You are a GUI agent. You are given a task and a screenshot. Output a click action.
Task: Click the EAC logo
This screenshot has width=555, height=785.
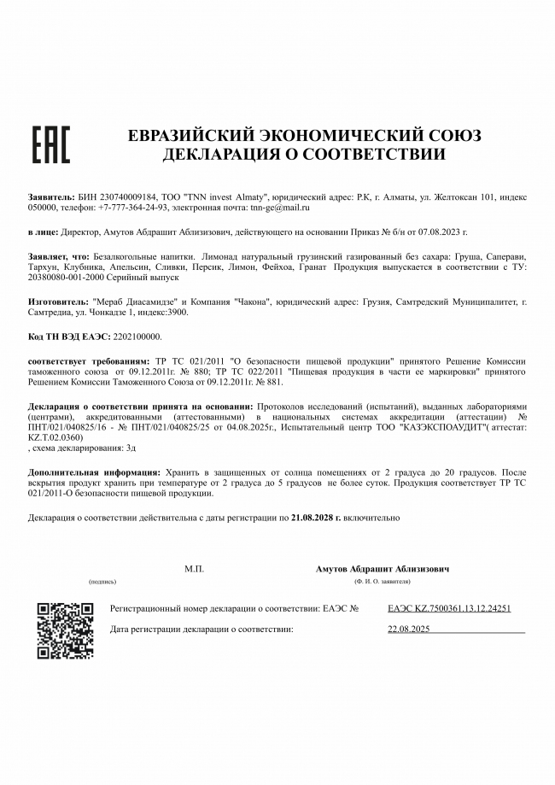[50, 144]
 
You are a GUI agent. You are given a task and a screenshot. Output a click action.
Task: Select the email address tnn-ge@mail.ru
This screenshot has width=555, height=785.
[279, 208]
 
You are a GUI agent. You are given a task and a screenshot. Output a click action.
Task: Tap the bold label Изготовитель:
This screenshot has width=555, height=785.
[57, 302]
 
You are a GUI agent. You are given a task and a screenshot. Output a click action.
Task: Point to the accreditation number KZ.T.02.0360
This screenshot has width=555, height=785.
[55, 436]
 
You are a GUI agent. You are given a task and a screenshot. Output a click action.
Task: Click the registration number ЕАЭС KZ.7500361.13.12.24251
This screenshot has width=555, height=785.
[448, 608]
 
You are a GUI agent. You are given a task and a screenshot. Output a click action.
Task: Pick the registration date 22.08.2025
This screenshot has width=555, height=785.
[409, 629]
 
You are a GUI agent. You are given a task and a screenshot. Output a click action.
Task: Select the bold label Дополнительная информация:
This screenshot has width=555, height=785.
[93, 472]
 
